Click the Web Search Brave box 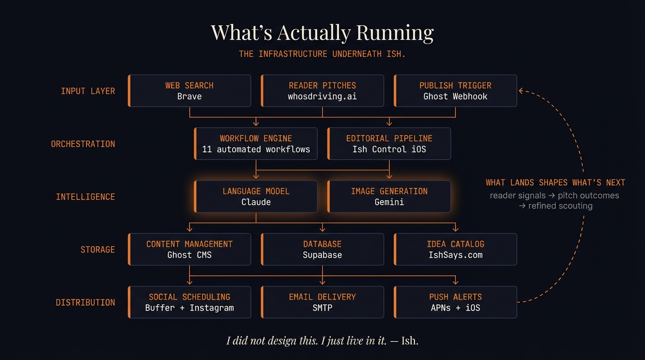[189, 91]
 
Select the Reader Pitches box [322, 91]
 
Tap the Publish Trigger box [455, 91]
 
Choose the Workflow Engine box [256, 144]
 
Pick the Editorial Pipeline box [389, 144]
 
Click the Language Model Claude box [256, 197]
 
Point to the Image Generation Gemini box [389, 197]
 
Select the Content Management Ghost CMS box [189, 249]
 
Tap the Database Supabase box [322, 249]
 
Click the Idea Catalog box [455, 249]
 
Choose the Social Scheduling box [189, 302]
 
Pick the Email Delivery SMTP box [322, 302]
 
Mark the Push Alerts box [455, 302]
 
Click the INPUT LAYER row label [88, 91]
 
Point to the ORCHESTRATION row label [83, 144]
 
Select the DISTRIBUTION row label [85, 302]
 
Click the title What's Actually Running [322, 32]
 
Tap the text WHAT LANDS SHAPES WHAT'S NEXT [555, 182]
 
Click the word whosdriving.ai [322, 97]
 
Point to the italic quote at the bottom [322, 341]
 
